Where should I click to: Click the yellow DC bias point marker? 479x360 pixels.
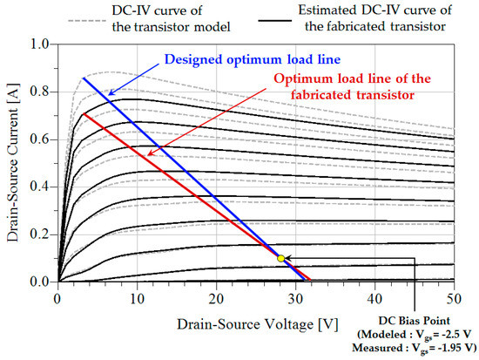coord(280,258)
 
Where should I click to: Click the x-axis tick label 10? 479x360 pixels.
coord(137,297)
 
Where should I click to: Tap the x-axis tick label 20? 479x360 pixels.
coord(216,297)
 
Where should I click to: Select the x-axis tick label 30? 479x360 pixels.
coord(295,297)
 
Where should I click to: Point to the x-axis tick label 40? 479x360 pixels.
coord(374,297)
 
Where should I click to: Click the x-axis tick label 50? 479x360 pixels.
coord(454,297)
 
